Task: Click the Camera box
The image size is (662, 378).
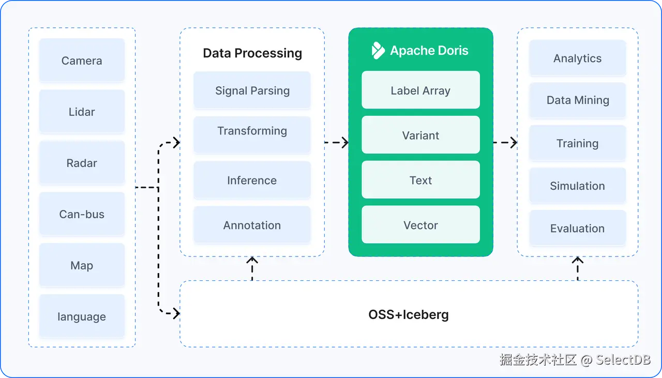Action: click(x=82, y=61)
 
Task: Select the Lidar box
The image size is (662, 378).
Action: click(x=82, y=112)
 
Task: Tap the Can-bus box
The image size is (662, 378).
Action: click(x=82, y=214)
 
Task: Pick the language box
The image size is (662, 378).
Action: click(x=82, y=316)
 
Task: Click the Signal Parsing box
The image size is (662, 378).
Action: click(x=252, y=90)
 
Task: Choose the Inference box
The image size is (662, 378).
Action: click(x=252, y=180)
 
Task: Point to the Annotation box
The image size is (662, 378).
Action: click(x=252, y=225)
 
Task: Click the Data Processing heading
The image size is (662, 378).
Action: click(x=252, y=53)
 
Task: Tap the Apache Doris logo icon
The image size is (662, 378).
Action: click(x=378, y=51)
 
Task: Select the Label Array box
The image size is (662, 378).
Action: click(x=420, y=90)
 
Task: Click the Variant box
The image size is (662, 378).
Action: click(x=420, y=135)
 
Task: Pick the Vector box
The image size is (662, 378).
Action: click(x=420, y=224)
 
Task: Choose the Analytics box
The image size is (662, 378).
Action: click(x=578, y=58)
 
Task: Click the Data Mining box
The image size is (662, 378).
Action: click(x=578, y=100)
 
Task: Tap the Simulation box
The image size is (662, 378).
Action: click(x=578, y=186)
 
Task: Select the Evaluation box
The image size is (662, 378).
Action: click(x=578, y=228)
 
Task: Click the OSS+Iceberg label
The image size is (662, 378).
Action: click(x=409, y=314)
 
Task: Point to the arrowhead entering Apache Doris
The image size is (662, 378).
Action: click(x=345, y=142)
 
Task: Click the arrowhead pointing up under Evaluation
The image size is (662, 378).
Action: click(x=578, y=260)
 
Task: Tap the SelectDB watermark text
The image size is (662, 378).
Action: click(x=623, y=360)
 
